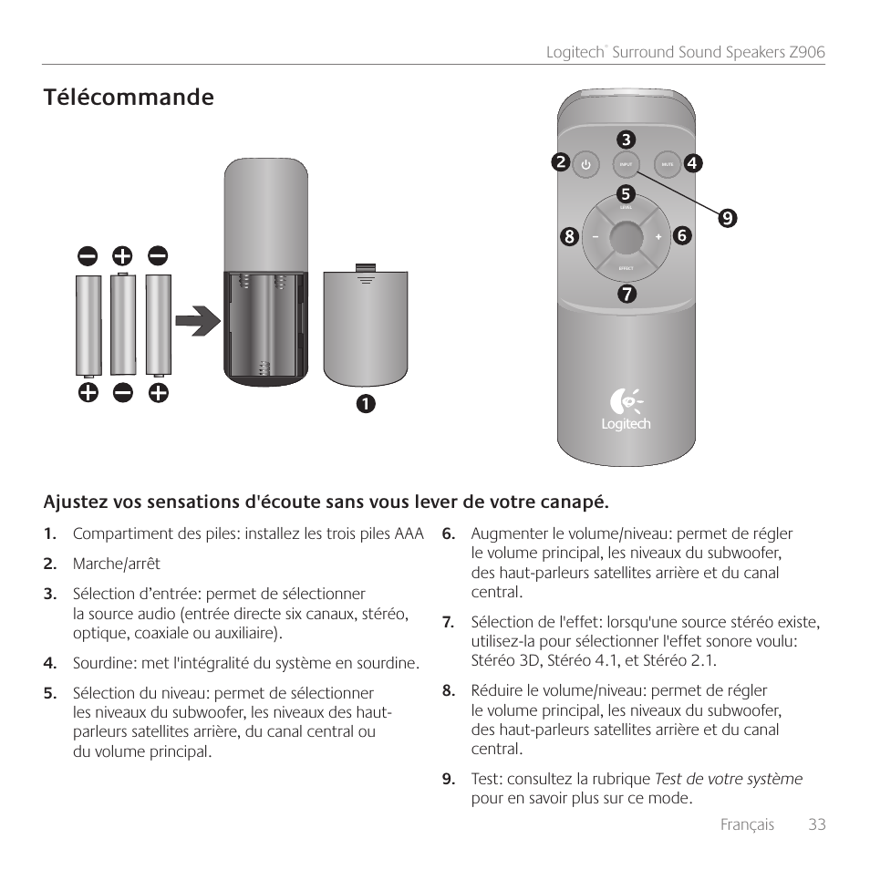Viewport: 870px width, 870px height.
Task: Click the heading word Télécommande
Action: click(128, 98)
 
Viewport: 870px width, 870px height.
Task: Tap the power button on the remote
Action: click(585, 165)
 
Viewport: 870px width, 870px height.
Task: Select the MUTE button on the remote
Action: click(667, 165)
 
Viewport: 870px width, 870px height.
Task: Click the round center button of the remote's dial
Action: click(626, 236)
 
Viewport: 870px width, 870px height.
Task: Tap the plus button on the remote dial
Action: click(658, 237)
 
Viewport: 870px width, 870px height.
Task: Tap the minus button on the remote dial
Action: click(594, 237)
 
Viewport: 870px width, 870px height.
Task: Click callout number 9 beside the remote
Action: click(727, 218)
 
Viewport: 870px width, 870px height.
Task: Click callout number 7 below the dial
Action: click(626, 294)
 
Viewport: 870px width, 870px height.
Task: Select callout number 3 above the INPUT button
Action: click(626, 140)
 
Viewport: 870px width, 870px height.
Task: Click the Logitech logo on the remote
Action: click(626, 409)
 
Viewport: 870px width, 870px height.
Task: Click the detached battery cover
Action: click(365, 325)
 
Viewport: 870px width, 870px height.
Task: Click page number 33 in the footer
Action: click(816, 824)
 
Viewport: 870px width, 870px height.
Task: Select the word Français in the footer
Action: click(747, 824)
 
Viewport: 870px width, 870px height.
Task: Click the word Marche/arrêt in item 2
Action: click(116, 564)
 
